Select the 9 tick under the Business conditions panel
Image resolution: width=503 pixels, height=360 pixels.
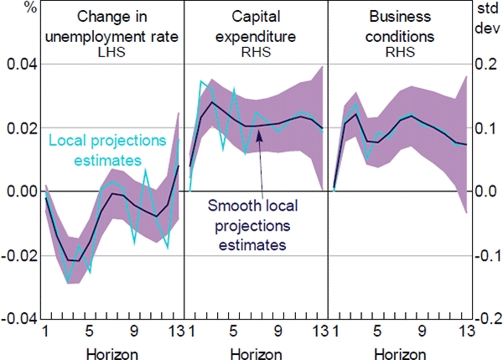[x=423, y=332]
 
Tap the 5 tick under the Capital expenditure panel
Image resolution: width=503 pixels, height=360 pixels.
[x=233, y=332]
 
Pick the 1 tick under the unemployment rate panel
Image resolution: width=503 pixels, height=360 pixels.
[x=46, y=332]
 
